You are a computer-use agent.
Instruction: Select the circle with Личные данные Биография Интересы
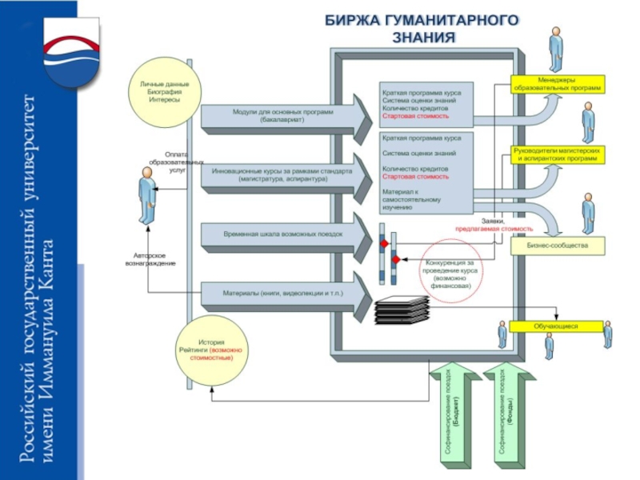(160, 90)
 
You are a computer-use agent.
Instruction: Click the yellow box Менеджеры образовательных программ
(558, 82)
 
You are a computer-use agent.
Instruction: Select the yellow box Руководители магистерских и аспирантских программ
(558, 154)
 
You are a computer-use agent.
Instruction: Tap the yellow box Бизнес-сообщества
(558, 246)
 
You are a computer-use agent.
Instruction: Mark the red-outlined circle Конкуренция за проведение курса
(450, 271)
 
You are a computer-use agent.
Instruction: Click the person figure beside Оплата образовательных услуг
(146, 198)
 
